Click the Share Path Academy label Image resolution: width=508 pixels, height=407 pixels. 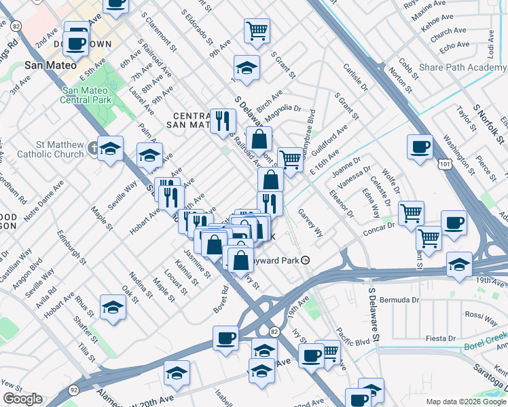tap(462, 68)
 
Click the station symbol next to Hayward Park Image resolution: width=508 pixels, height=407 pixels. tap(306, 259)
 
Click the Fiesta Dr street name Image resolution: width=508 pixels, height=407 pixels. tap(436, 338)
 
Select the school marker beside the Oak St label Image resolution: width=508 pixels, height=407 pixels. tap(113, 307)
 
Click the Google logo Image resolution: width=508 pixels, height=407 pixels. tap(22, 400)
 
